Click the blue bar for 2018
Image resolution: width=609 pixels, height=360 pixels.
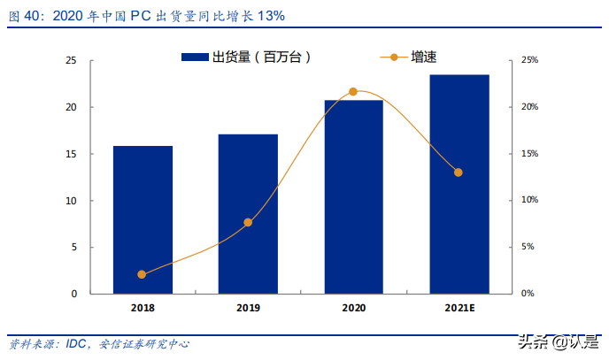pyautogui.click(x=143, y=219)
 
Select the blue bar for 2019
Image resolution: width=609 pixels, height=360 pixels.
pyautogui.click(x=248, y=213)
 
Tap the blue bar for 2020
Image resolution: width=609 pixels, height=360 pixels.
pyautogui.click(x=353, y=196)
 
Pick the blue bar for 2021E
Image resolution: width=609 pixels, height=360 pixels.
pyautogui.click(x=459, y=184)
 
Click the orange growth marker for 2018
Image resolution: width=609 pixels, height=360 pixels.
pyautogui.click(x=143, y=274)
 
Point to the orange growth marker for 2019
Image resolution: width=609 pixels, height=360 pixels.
pyautogui.click(x=248, y=222)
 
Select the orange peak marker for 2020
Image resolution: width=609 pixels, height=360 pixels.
pyautogui.click(x=353, y=92)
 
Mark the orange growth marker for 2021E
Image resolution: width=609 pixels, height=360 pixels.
pyautogui.click(x=459, y=172)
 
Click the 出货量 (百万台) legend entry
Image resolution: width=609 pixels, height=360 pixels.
pyautogui.click(x=248, y=57)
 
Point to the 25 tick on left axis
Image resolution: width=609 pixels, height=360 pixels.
pyautogui.click(x=72, y=60)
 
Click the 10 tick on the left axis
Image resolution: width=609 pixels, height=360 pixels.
pyautogui.click(x=72, y=200)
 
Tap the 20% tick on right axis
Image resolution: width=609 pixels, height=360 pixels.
pyautogui.click(x=528, y=107)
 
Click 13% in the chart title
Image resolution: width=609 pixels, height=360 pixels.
pyautogui.click(x=271, y=17)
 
